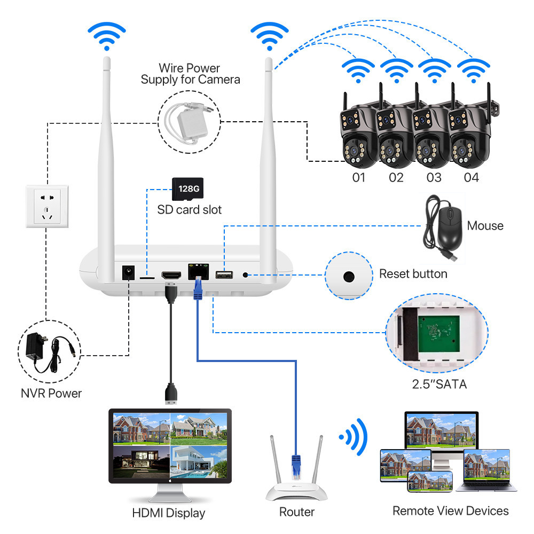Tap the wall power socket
48,206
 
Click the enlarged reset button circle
349,277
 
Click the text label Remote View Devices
450,511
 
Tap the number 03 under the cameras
434,177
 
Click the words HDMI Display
169,513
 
